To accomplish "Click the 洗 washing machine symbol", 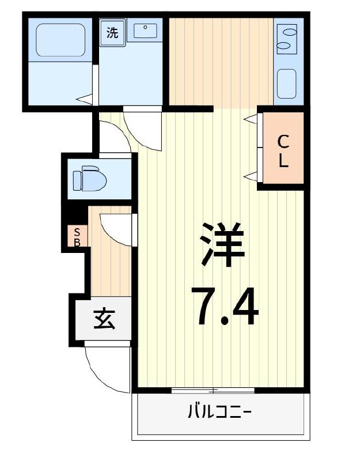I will point(112,32).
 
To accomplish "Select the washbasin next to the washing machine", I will point(145,30).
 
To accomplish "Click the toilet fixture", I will point(90,178).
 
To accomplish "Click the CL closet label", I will point(283,151).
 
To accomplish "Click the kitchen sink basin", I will point(286,84).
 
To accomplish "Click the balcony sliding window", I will point(213,391).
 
